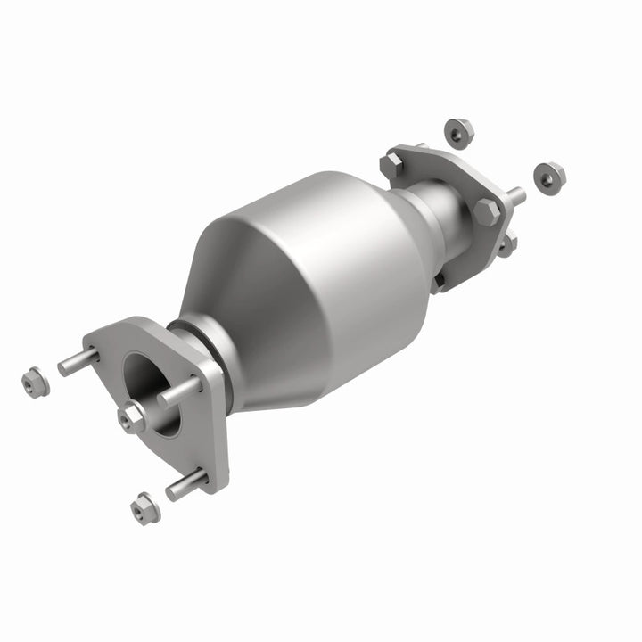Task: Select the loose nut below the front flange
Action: (x=143, y=508)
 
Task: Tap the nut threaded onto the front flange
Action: (x=133, y=416)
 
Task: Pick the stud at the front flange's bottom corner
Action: (x=185, y=485)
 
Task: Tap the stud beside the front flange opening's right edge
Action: (x=181, y=391)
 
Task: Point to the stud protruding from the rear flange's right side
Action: (x=514, y=193)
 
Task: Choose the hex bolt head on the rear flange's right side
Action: (x=486, y=211)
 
